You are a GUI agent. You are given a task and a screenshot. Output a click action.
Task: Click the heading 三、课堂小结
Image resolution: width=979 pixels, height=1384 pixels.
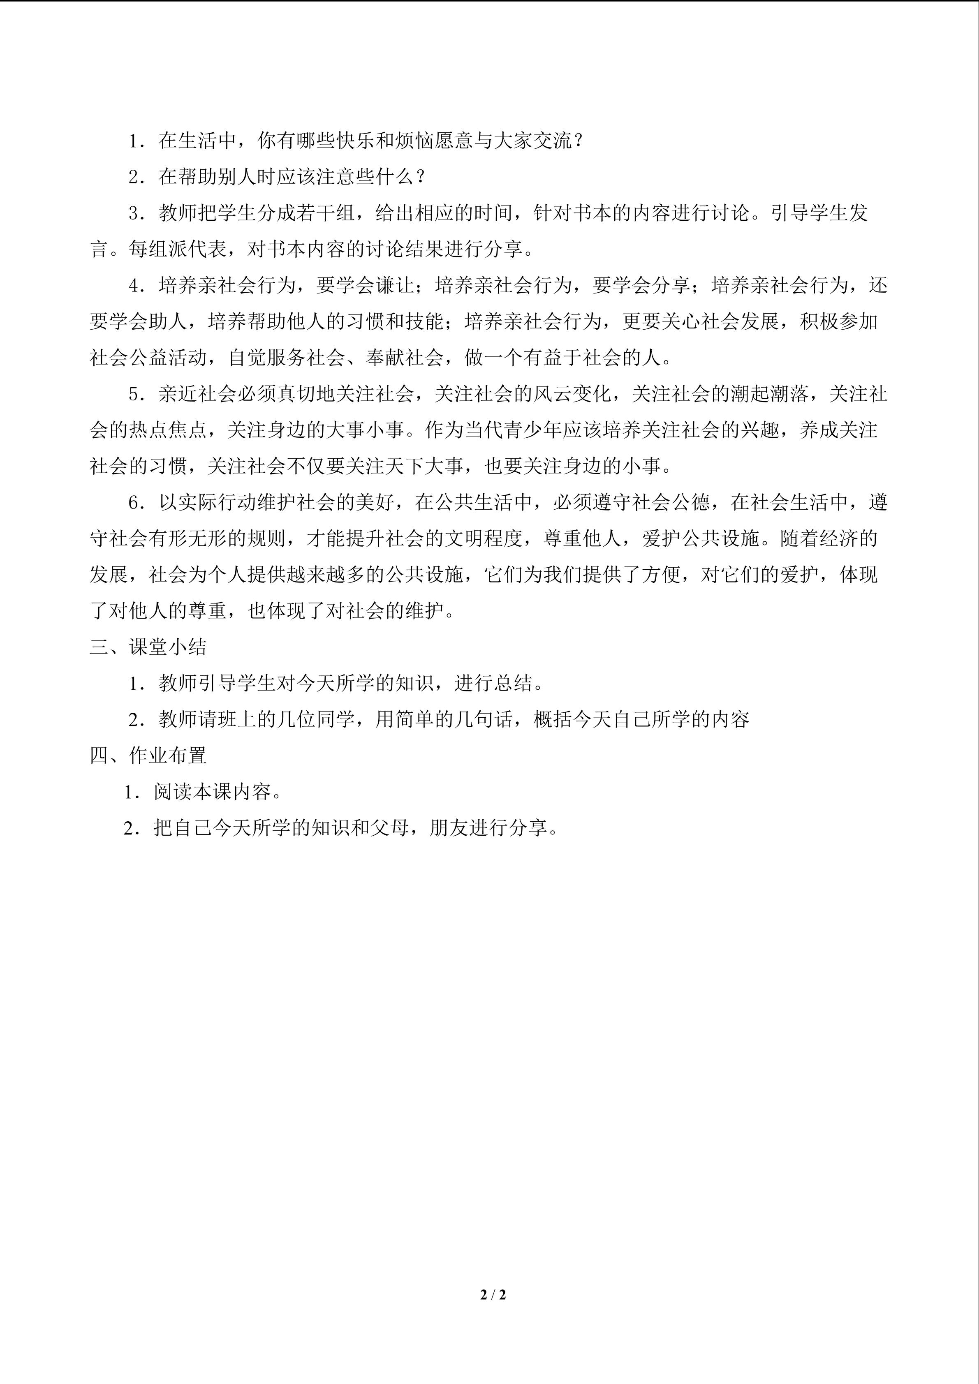coord(148,647)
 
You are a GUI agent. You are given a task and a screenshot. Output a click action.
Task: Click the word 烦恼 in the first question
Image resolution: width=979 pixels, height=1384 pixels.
coord(414,141)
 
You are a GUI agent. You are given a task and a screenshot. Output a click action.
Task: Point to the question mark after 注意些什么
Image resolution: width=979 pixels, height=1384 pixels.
coord(421,177)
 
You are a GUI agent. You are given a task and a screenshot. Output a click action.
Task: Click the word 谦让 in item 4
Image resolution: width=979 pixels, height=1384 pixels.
coord(395,286)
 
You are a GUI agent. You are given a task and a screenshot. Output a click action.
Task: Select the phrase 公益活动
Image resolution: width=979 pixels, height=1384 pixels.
coord(168,358)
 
